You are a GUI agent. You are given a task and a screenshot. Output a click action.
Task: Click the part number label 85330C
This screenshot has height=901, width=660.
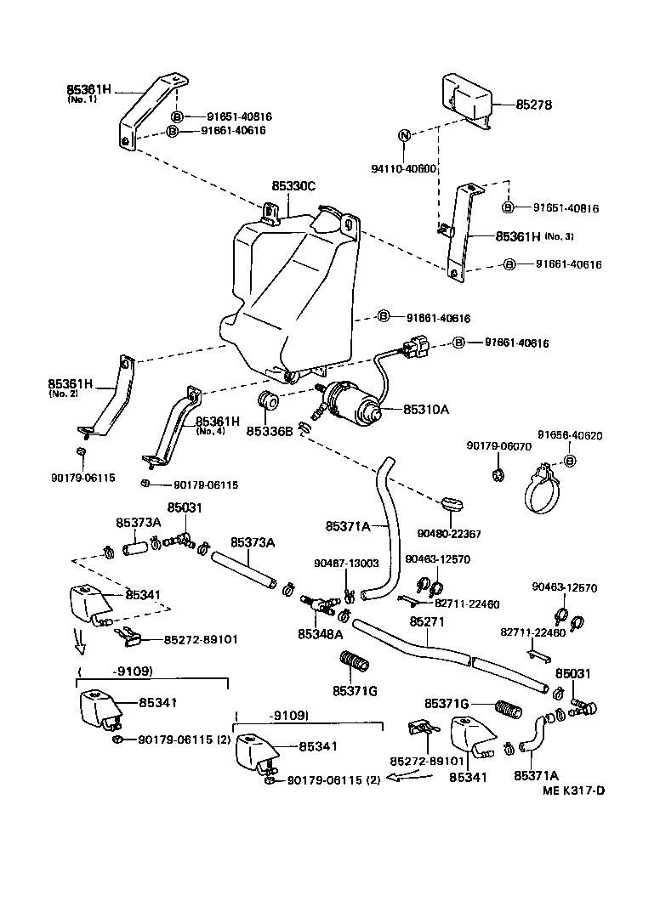click(x=293, y=185)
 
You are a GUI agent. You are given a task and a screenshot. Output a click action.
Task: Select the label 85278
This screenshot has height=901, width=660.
click(x=534, y=105)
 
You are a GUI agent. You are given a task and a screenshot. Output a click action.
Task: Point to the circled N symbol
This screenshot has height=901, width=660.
click(x=405, y=135)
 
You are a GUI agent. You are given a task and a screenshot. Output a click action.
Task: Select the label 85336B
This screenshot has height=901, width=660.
click(x=270, y=431)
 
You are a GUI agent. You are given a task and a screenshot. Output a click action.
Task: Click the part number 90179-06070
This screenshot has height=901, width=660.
click(x=498, y=445)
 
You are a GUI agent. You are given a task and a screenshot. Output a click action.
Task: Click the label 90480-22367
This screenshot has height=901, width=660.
click(x=449, y=534)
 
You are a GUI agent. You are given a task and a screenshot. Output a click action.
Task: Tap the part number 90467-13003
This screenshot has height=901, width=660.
click(x=346, y=563)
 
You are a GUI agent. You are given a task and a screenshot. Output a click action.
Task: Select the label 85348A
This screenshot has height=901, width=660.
click(x=321, y=633)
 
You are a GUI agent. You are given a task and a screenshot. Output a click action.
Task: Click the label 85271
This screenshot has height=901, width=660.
click(x=427, y=622)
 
